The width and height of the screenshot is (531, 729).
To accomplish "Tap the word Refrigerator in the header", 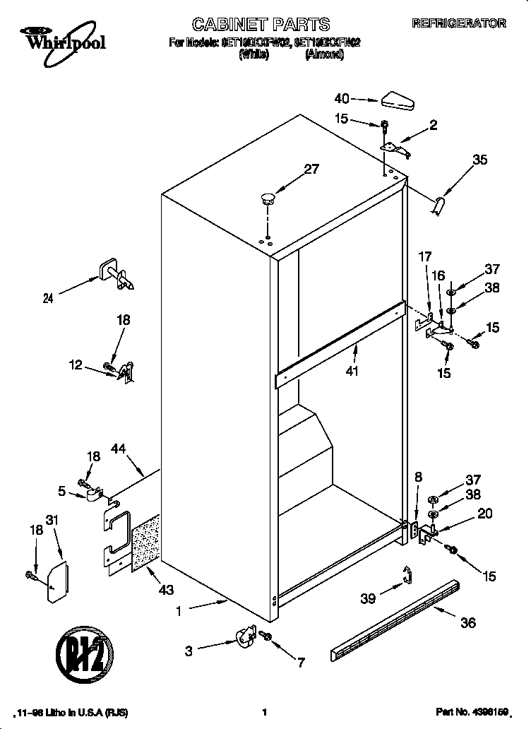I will [x=458, y=23].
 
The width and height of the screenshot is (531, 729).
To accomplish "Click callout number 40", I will [x=342, y=98].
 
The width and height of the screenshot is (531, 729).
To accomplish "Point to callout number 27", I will [x=311, y=170].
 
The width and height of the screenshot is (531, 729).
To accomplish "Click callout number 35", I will [x=479, y=160].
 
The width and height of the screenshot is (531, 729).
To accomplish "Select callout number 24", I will [x=48, y=298].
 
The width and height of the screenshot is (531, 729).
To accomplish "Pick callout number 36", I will [x=467, y=622].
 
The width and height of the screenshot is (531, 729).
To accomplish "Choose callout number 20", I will [x=484, y=514].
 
